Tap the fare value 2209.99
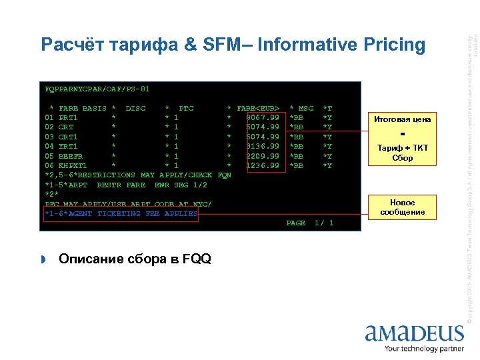[x=263, y=155]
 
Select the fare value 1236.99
[x=263, y=165]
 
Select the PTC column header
[x=187, y=108]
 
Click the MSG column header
[x=305, y=108]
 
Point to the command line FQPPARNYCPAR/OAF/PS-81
[x=97, y=89]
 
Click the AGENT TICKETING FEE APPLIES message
[x=121, y=213]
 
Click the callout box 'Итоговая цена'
[x=403, y=120]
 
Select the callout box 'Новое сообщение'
[x=403, y=207]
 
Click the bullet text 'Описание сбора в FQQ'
[x=135, y=259]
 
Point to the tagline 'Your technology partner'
[x=424, y=347]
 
